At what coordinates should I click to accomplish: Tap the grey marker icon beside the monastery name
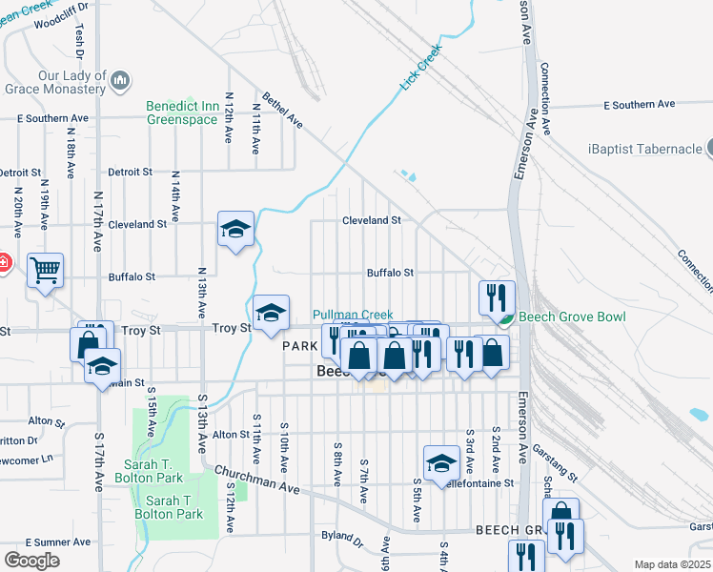pos(120,82)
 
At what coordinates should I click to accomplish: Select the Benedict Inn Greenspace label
pos(182,112)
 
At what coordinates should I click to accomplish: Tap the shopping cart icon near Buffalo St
pos(45,271)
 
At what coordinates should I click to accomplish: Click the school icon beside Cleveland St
pos(235,229)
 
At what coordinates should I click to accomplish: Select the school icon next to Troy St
pos(271,312)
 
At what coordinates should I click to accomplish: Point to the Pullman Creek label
pos(353,315)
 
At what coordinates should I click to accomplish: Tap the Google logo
pos(31,561)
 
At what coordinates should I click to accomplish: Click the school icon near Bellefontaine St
pos(441,462)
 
